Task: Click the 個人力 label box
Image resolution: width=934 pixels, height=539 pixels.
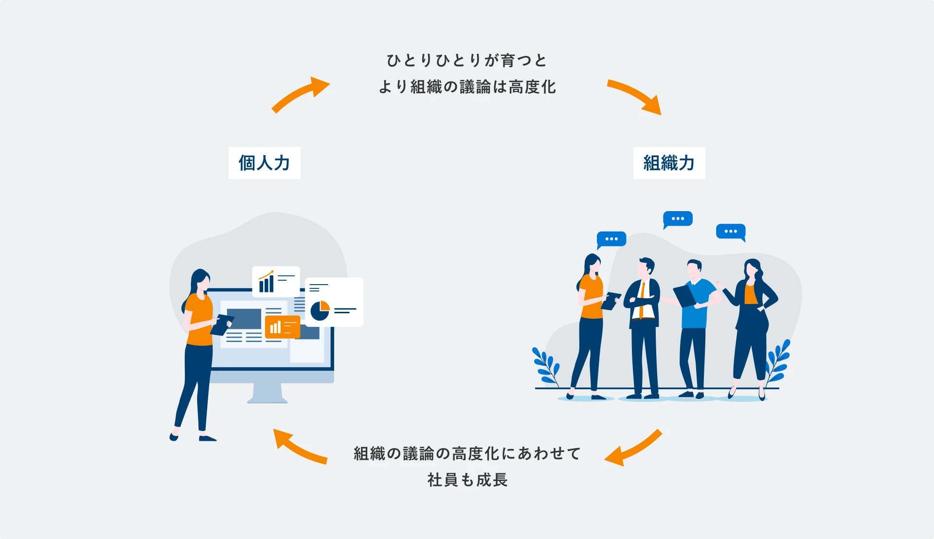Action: [264, 163]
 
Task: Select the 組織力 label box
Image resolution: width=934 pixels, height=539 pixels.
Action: [669, 163]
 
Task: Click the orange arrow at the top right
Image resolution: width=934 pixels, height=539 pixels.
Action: [635, 96]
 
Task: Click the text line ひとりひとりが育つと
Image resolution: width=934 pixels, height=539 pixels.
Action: [467, 61]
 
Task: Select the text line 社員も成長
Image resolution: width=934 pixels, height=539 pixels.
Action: [467, 480]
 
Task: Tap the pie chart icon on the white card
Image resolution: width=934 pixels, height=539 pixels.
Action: [320, 311]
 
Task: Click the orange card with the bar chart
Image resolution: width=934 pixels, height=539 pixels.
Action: [282, 327]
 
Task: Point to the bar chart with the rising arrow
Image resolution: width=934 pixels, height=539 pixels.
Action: [267, 282]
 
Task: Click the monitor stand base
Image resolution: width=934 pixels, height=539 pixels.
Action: [267, 399]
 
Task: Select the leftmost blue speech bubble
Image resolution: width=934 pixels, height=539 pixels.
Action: [611, 239]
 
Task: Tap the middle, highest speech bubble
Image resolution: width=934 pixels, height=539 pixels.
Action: [678, 219]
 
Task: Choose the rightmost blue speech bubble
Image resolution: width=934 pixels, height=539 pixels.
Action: [730, 232]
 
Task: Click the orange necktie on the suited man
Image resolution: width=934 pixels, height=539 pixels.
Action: [642, 299]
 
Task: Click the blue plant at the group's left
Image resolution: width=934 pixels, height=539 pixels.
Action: [546, 366]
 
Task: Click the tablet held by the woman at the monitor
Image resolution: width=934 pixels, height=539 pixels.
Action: [221, 324]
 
